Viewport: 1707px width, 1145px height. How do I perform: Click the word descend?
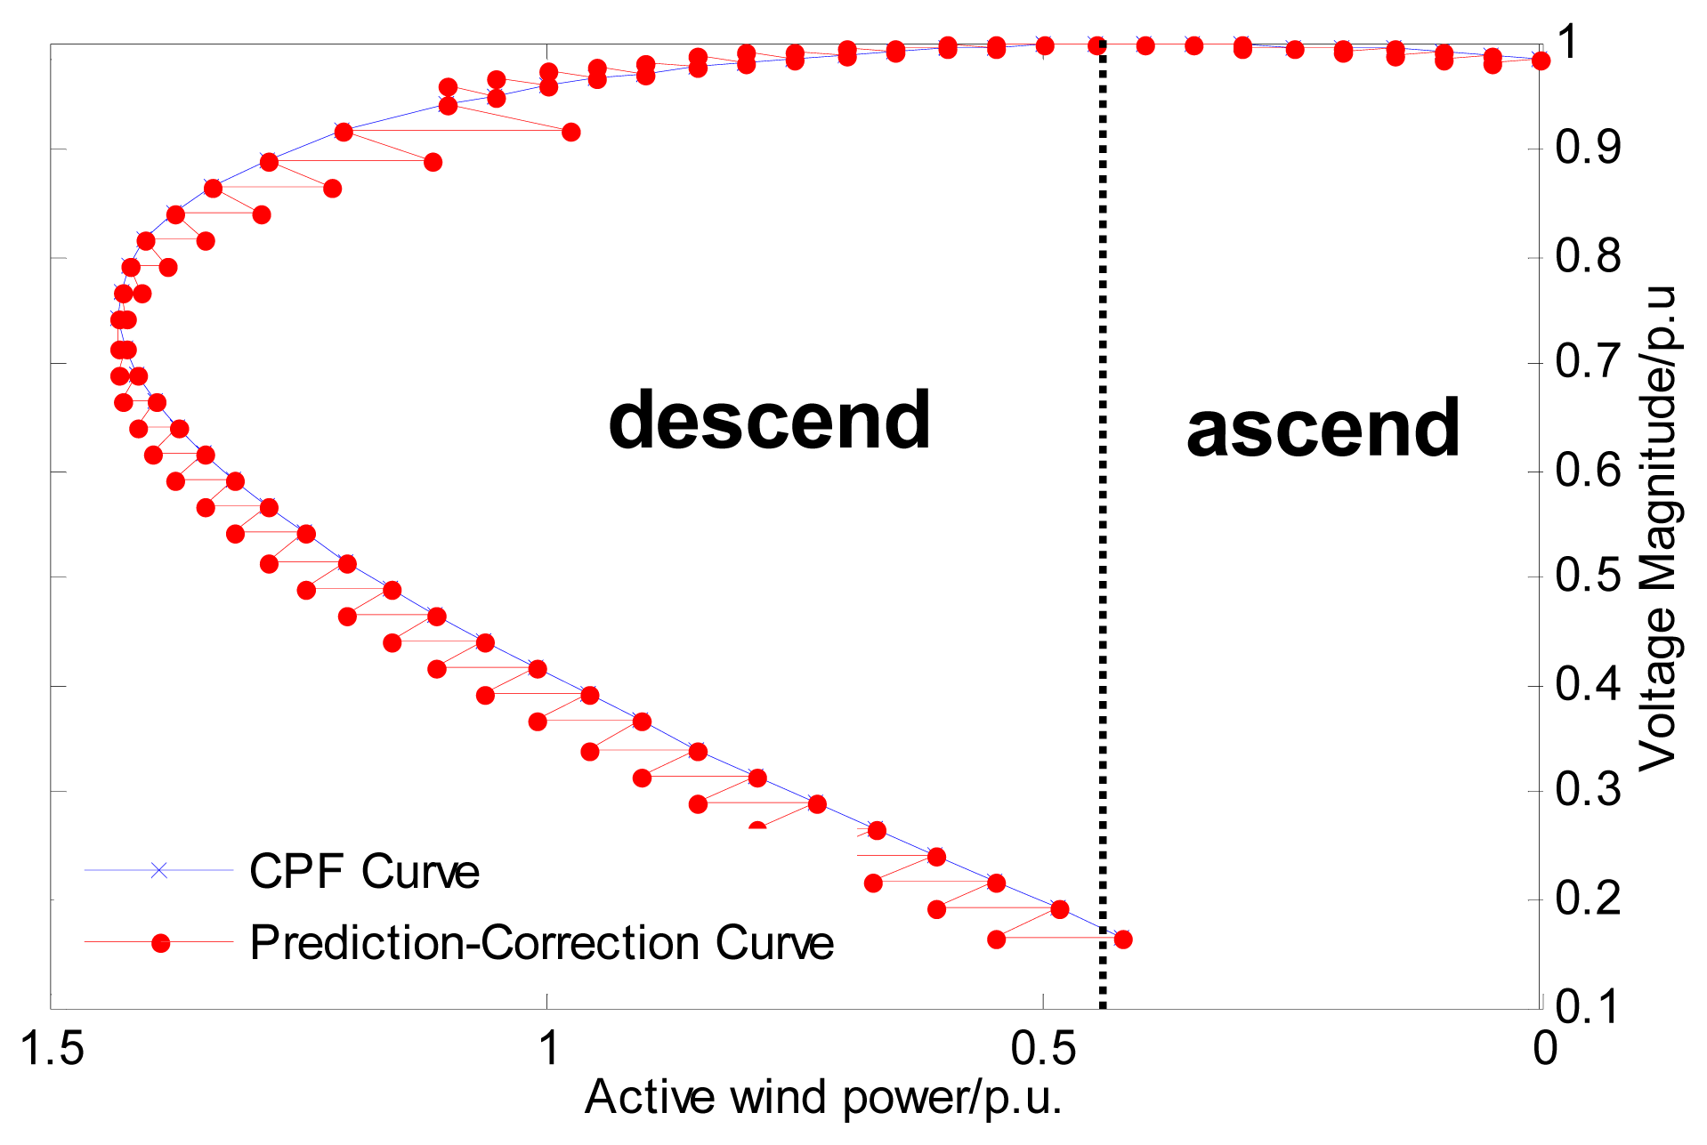pos(769,421)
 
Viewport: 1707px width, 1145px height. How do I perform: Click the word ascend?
pos(1323,430)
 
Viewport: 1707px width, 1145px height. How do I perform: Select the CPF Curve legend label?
pos(364,871)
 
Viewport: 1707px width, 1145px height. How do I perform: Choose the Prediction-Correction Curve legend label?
pos(541,943)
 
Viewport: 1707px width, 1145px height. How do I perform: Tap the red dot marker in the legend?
pos(160,943)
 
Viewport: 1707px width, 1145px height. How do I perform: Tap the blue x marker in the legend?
pos(158,870)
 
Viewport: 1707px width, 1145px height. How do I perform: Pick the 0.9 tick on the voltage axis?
pos(1588,148)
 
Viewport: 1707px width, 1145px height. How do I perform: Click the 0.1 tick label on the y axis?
pos(1588,1006)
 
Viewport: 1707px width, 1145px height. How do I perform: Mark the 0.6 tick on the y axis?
pos(1588,470)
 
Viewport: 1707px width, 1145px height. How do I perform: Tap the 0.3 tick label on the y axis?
pos(1588,790)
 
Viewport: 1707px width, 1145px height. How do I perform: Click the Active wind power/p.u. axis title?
pos(823,1098)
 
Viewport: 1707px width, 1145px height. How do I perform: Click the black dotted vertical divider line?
pos(1103,534)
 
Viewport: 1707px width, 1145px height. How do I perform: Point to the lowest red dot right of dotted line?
pos(1123,939)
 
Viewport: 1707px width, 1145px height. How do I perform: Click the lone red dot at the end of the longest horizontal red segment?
pos(571,133)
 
